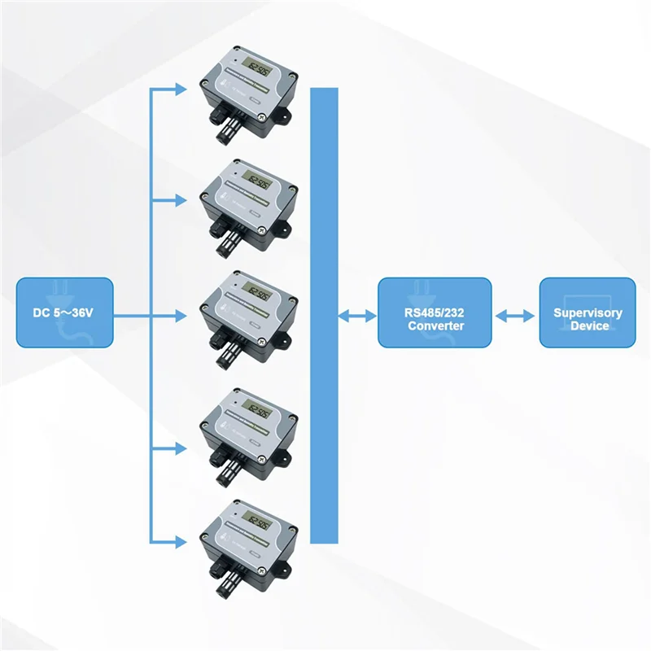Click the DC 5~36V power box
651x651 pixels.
coord(65,312)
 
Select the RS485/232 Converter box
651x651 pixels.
coord(435,312)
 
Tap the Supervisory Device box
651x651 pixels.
coord(588,312)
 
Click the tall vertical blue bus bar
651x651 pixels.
coord(324,315)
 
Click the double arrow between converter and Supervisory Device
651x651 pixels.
coord(516,313)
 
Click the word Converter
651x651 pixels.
coord(437,325)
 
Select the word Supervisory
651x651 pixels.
coord(588,312)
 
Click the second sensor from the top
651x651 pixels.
coord(248,203)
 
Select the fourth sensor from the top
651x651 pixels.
coord(248,431)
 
